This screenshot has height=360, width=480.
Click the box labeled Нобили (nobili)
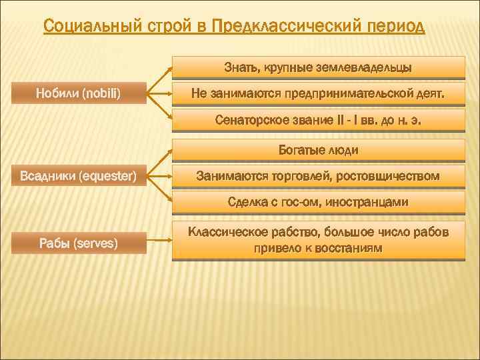coord(78,94)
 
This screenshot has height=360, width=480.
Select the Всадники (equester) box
coord(78,177)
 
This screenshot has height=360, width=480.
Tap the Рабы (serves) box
coord(78,243)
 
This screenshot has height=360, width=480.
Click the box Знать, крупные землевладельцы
coord(318,67)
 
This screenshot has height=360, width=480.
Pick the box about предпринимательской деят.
coord(318,94)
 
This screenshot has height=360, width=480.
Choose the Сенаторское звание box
coord(318,121)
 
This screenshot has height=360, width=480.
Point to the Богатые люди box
coord(318,151)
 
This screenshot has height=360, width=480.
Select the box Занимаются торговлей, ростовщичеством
coord(318,177)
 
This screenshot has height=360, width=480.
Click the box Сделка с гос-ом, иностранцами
coord(318,201)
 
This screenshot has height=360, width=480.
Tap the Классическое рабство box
coord(318,240)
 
